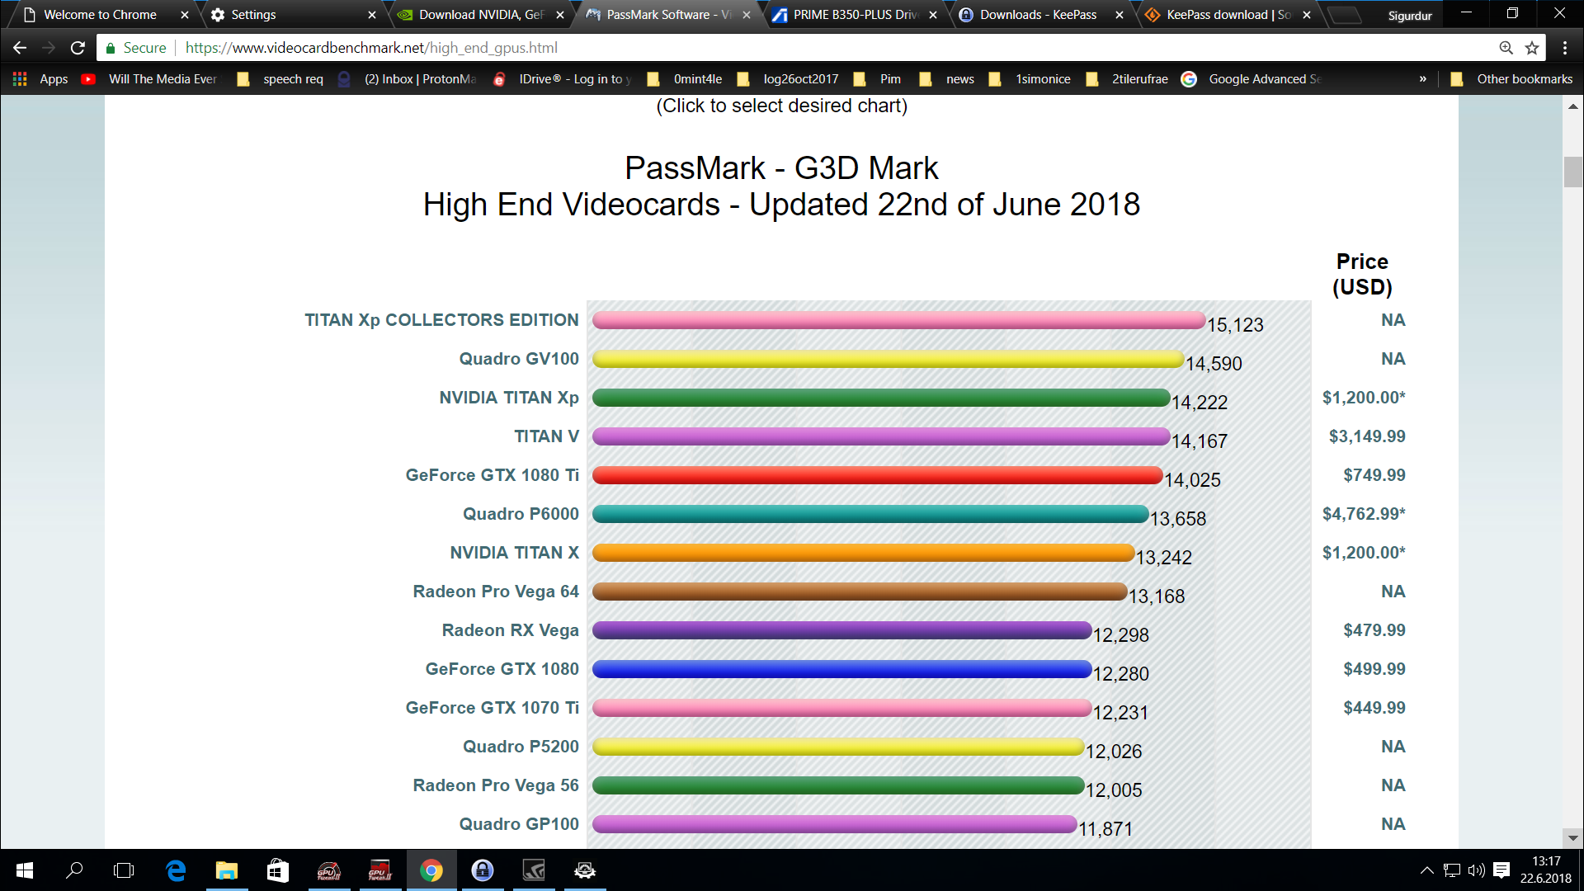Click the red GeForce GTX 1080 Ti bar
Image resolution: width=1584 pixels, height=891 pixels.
point(877,475)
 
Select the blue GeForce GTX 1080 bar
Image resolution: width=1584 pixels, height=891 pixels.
point(841,669)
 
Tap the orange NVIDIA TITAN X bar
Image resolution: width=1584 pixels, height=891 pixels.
point(863,553)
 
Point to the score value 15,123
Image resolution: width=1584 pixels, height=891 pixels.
point(1235,325)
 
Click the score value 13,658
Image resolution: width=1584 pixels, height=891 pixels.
point(1178,519)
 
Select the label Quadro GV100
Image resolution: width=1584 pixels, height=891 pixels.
point(519,359)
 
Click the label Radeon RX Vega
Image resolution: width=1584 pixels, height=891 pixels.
point(510,630)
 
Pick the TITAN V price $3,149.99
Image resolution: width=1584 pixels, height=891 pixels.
point(1366,436)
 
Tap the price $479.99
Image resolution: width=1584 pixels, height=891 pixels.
point(1374,630)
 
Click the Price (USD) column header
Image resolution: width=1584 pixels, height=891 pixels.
point(1362,274)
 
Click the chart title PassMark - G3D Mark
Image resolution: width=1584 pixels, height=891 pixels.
point(781,168)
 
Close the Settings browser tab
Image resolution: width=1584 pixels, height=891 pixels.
point(372,15)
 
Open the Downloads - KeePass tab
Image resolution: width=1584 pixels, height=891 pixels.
point(1038,15)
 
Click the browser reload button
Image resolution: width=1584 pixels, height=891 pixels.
point(78,48)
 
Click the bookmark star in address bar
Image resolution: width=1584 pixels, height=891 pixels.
point(1532,48)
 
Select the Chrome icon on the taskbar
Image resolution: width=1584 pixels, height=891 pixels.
point(431,870)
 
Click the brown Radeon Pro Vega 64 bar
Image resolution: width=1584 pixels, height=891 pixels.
point(859,592)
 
